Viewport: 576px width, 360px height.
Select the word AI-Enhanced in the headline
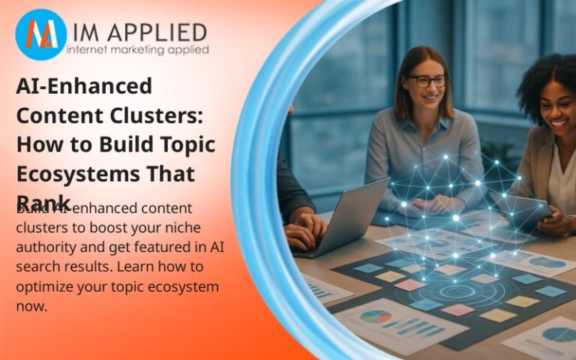pos(84,86)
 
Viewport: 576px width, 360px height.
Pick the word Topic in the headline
pos(188,145)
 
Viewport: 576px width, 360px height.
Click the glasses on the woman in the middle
pos(429,80)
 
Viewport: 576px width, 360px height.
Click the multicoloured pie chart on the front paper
pos(376,316)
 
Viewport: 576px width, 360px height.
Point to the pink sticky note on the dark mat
pos(409,284)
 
